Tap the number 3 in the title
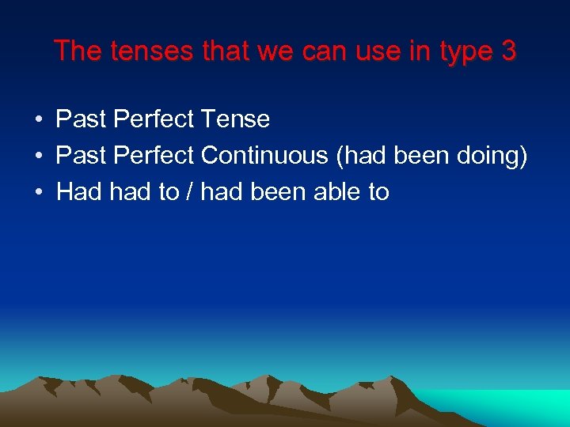point(508,51)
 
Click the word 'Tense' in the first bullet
point(235,119)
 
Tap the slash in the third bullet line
point(190,191)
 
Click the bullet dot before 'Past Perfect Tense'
point(38,120)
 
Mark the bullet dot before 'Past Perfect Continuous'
point(38,157)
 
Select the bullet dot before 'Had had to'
point(38,192)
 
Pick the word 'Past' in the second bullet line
point(81,156)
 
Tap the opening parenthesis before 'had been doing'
point(340,157)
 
